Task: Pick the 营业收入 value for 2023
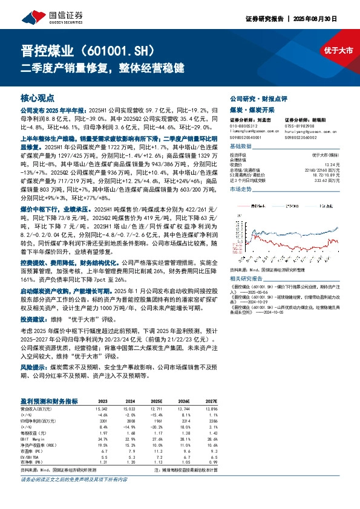(102, 409)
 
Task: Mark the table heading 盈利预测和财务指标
(48, 401)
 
